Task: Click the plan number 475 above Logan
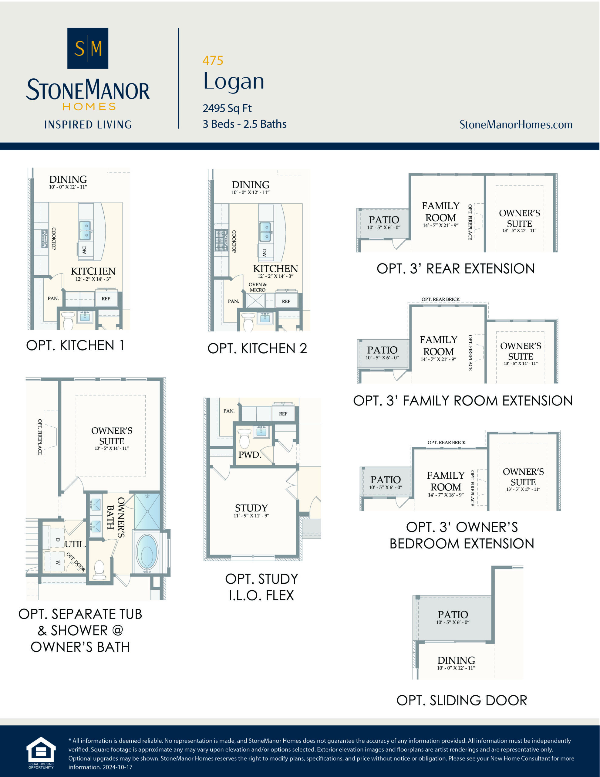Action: click(213, 61)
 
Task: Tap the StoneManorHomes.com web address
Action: click(516, 124)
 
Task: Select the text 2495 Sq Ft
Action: click(227, 108)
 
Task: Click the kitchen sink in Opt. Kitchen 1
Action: click(85, 230)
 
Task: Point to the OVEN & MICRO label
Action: click(258, 287)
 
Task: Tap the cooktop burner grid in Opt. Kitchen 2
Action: click(221, 240)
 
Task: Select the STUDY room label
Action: click(251, 508)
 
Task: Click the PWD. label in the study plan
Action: click(249, 455)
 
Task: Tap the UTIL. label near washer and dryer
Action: click(76, 544)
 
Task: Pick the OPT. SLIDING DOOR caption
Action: click(462, 700)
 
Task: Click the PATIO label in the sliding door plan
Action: click(453, 614)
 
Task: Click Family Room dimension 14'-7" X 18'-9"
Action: click(446, 495)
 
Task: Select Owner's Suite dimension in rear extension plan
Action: click(519, 231)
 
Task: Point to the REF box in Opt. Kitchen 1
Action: click(106, 298)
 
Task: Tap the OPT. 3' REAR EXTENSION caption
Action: click(456, 269)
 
